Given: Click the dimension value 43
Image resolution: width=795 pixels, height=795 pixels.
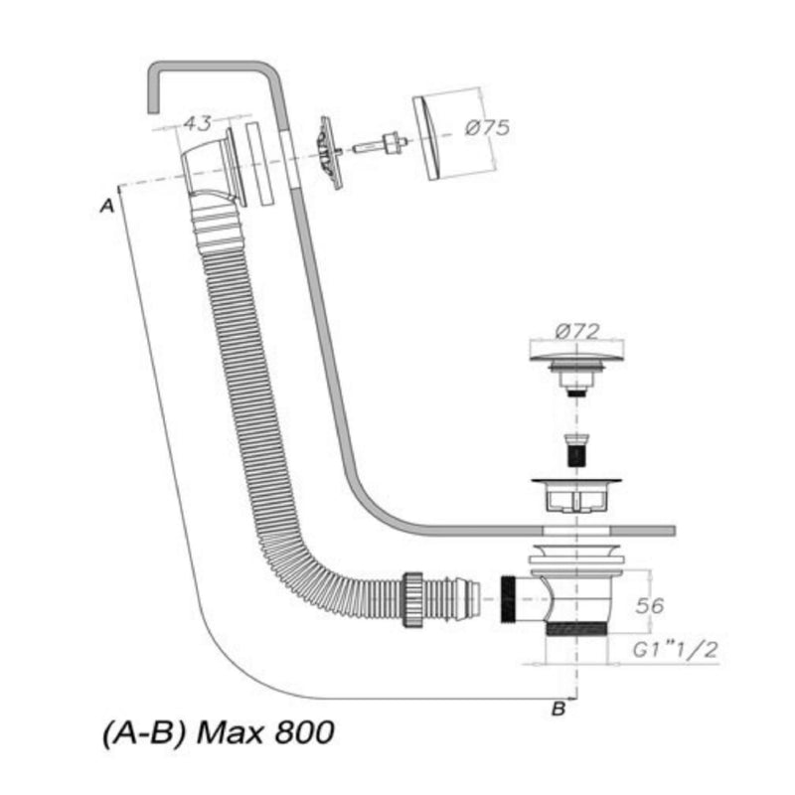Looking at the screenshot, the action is pyautogui.click(x=197, y=123).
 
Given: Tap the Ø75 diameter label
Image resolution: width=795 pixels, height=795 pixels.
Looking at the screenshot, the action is pyautogui.click(x=487, y=127).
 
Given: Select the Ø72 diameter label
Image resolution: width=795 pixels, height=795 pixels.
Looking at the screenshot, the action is pyautogui.click(x=577, y=332).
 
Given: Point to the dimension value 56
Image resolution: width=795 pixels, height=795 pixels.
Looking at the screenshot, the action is pyautogui.click(x=650, y=605).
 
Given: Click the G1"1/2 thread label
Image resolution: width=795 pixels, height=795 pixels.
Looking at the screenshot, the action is pyautogui.click(x=676, y=650).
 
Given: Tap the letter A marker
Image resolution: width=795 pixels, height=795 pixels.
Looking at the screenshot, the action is pyautogui.click(x=107, y=207).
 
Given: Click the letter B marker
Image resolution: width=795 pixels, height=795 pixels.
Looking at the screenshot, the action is pyautogui.click(x=558, y=709).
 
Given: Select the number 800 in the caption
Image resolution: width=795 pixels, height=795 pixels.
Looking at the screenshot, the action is pyautogui.click(x=305, y=732).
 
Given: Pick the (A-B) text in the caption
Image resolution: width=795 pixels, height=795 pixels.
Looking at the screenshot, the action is pyautogui.click(x=144, y=733).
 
